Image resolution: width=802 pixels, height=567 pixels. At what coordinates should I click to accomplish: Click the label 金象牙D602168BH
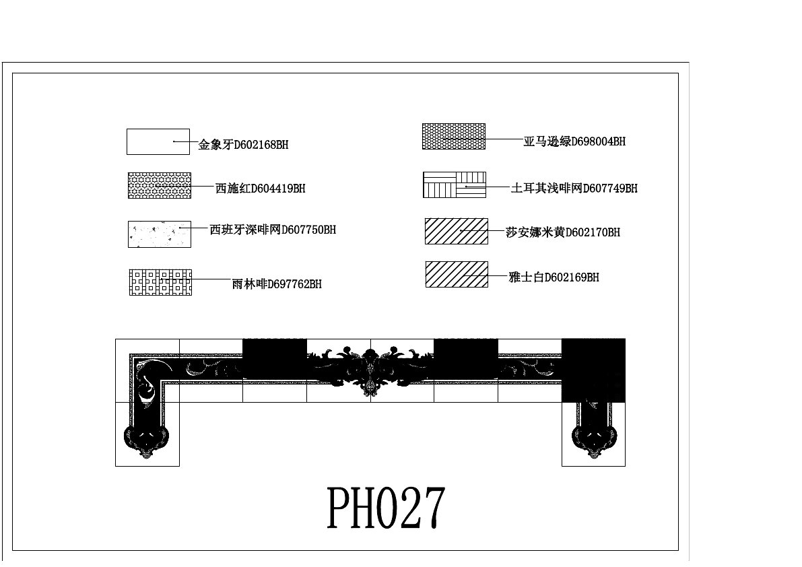point(243,145)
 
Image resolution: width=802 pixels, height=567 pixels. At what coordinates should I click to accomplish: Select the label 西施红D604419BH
point(260,189)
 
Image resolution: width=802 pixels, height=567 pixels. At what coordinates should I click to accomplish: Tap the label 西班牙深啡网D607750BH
point(273,230)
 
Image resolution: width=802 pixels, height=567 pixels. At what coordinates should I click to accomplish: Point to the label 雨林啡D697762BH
point(276,284)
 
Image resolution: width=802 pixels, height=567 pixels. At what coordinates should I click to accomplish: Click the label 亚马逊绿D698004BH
point(574,141)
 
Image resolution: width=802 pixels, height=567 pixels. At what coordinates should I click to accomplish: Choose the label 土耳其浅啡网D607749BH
point(574,189)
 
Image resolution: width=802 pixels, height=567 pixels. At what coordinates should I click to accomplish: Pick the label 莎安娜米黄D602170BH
point(562,232)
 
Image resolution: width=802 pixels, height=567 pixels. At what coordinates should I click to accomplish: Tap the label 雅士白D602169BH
point(554,277)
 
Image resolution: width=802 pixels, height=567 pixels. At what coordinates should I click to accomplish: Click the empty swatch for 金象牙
point(158,141)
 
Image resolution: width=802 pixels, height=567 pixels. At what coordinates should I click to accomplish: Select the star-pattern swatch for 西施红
point(160,185)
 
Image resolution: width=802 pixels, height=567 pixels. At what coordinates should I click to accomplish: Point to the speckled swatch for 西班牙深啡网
point(160,234)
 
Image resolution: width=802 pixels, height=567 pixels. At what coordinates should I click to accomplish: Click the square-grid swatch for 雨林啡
point(160,283)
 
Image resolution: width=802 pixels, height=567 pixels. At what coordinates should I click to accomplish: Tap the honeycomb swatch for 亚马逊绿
point(453,136)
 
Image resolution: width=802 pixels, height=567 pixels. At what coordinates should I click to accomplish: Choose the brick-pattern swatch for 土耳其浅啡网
point(455,185)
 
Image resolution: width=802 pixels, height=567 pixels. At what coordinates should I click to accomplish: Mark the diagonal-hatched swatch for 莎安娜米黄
point(457,231)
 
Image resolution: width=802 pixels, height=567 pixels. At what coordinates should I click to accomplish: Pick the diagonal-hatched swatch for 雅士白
point(457,274)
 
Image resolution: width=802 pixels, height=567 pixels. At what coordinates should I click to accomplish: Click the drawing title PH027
point(386,508)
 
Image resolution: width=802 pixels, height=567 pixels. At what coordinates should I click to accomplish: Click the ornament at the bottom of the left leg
point(147,441)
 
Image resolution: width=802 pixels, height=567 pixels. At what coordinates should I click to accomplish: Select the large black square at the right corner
point(593,370)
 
